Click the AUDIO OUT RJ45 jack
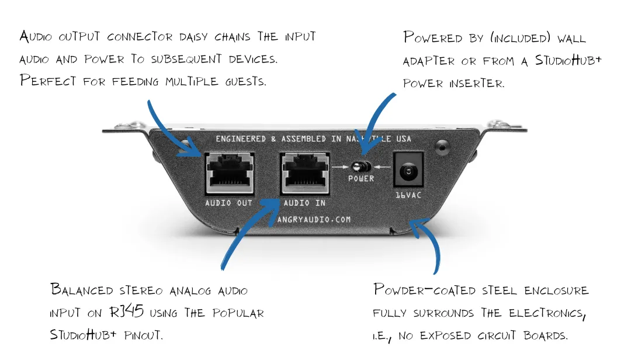click(229, 174)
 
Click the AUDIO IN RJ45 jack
click(304, 174)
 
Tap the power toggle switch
click(361, 166)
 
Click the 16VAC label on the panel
click(407, 195)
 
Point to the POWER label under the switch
click(361, 179)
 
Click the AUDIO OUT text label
click(229, 203)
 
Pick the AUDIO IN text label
click(304, 203)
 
